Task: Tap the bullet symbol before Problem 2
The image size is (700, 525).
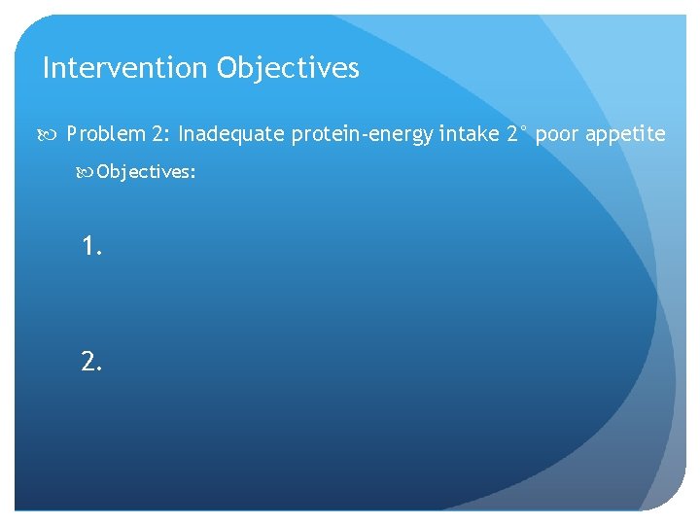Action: point(53,134)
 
